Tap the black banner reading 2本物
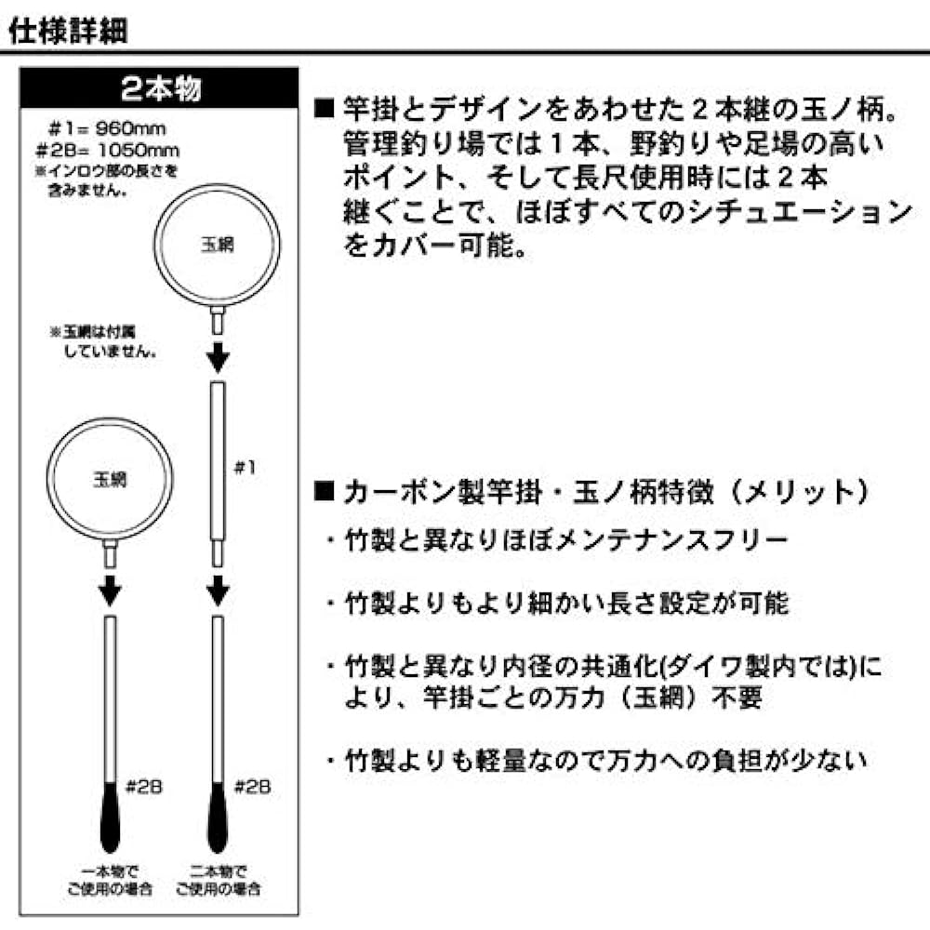(x=159, y=87)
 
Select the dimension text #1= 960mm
(x=107, y=128)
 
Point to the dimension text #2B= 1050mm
(x=107, y=150)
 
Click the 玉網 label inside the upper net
(x=218, y=245)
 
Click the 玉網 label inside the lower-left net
(x=110, y=479)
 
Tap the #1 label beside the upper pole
(x=245, y=468)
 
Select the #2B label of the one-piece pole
(x=144, y=787)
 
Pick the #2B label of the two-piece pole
(x=253, y=787)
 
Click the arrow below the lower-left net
(x=110, y=591)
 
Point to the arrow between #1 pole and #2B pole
(x=218, y=591)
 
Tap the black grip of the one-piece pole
(x=110, y=817)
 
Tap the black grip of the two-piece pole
(x=218, y=817)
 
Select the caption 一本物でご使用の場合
(x=110, y=880)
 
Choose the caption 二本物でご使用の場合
(x=218, y=880)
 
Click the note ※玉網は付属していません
(x=103, y=341)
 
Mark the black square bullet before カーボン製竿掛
(x=325, y=491)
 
